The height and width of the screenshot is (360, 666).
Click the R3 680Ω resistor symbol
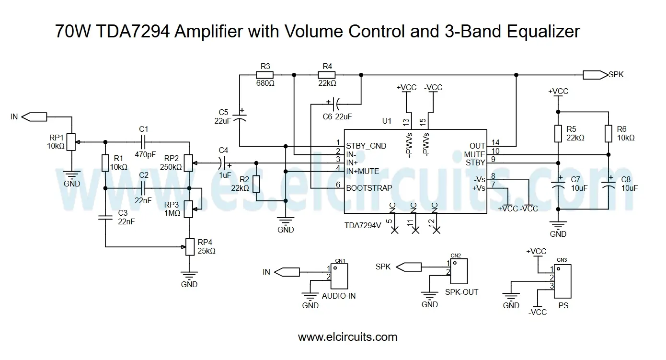click(264, 75)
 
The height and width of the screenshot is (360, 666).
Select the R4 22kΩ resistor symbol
click(327, 75)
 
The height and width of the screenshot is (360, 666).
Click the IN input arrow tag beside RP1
click(34, 116)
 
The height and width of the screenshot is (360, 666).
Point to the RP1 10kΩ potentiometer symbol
click(71, 142)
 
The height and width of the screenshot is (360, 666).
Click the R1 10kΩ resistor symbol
click(105, 163)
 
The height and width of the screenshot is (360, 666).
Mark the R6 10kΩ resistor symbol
click(609, 133)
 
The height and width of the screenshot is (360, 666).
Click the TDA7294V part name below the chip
click(363, 225)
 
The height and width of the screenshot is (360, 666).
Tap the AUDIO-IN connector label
click(339, 296)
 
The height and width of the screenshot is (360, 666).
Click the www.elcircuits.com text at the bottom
click(347, 337)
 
